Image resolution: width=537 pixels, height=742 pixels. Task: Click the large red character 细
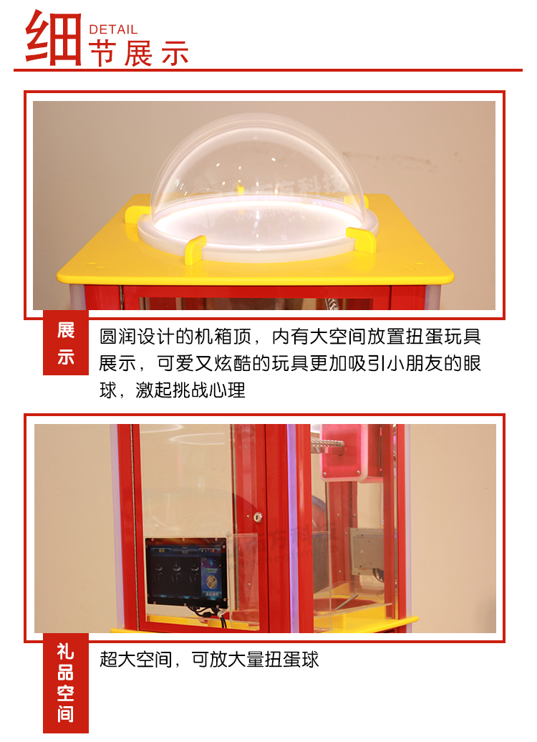coord(54,39)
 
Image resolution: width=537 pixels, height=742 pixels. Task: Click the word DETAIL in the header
coord(112,29)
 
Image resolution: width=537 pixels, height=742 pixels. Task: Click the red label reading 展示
coord(66,343)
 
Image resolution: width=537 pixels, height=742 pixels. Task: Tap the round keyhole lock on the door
coord(258,516)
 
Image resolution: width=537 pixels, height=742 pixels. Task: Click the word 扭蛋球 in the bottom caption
coord(297,659)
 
